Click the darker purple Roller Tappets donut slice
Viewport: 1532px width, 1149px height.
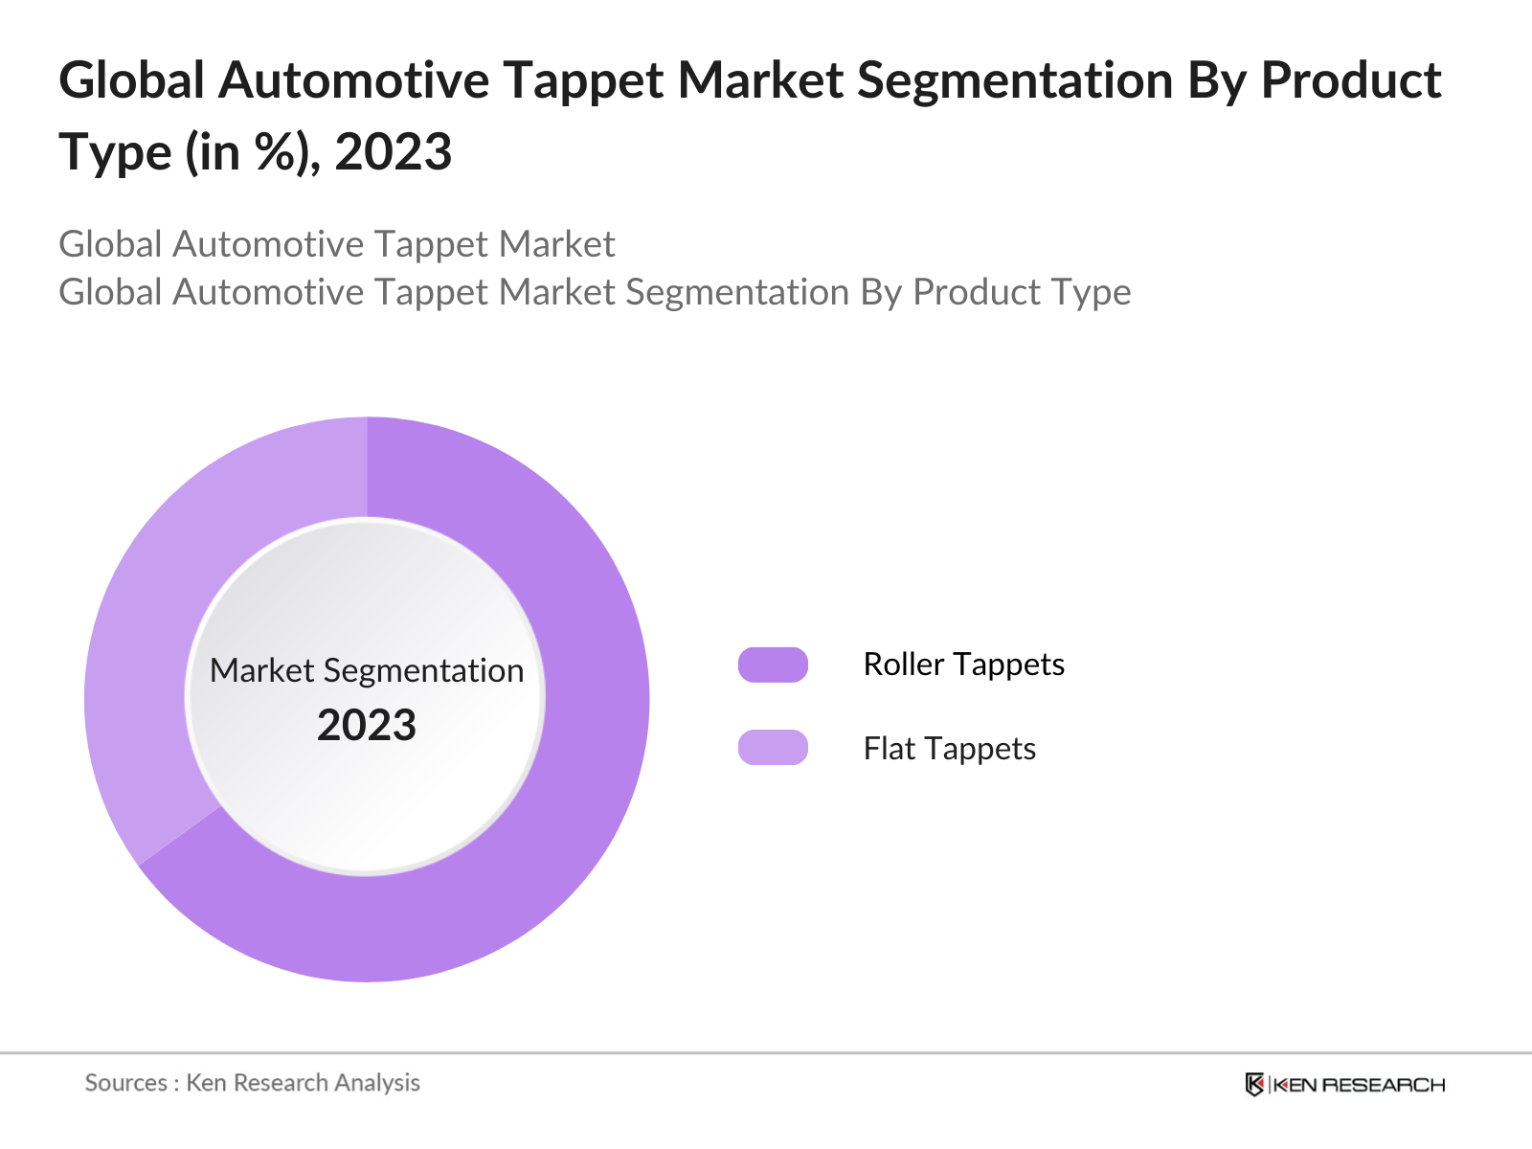click(x=574, y=766)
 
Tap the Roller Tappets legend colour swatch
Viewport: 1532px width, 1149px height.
click(x=773, y=665)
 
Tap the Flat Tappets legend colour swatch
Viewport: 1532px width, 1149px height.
click(x=773, y=748)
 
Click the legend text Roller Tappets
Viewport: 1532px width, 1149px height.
click(x=963, y=665)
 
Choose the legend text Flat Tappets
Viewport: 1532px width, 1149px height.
click(x=949, y=749)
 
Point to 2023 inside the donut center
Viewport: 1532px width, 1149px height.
click(x=367, y=726)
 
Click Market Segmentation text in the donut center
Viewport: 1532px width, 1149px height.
click(x=367, y=670)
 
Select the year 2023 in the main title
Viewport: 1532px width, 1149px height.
click(x=393, y=152)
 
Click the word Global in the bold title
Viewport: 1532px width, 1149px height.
click(x=132, y=80)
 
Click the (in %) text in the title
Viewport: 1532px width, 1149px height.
click(x=253, y=152)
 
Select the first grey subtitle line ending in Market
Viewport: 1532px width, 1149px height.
click(x=336, y=244)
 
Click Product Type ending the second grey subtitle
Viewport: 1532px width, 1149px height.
click(x=1022, y=292)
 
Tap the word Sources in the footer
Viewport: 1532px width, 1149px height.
click(x=126, y=1083)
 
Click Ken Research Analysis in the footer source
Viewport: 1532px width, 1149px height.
click(x=303, y=1083)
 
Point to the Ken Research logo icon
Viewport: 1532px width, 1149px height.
click(x=1254, y=1085)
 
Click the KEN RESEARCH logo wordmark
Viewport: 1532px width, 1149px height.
click(x=1359, y=1085)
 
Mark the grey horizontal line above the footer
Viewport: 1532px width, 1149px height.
click(x=766, y=1053)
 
